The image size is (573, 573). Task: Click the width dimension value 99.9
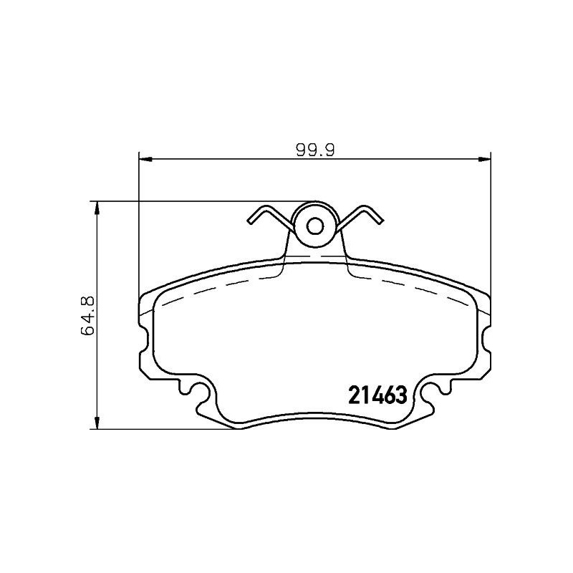316,150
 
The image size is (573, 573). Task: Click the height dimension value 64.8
88,314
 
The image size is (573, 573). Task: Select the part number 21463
377,395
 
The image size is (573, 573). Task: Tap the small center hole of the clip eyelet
315,226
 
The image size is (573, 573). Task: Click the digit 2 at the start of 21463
353,395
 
